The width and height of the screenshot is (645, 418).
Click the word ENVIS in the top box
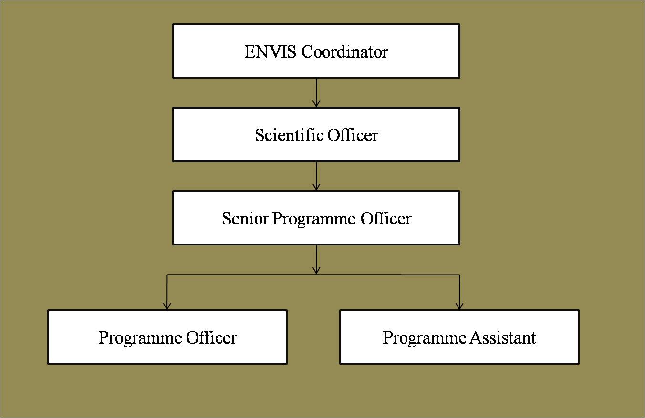(270, 52)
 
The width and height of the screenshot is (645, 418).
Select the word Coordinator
(344, 52)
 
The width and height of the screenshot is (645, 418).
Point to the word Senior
(245, 218)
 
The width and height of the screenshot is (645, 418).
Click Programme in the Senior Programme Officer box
(314, 219)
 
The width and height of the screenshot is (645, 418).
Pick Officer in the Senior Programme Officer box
(386, 218)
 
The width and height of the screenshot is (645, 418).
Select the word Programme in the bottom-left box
(140, 338)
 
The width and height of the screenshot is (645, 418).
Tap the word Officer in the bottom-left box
(211, 337)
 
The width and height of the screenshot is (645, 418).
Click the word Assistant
(502, 337)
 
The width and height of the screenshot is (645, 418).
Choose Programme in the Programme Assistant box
(425, 338)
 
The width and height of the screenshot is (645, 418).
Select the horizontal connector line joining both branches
(313, 275)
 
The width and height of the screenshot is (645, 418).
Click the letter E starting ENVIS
(250, 52)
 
